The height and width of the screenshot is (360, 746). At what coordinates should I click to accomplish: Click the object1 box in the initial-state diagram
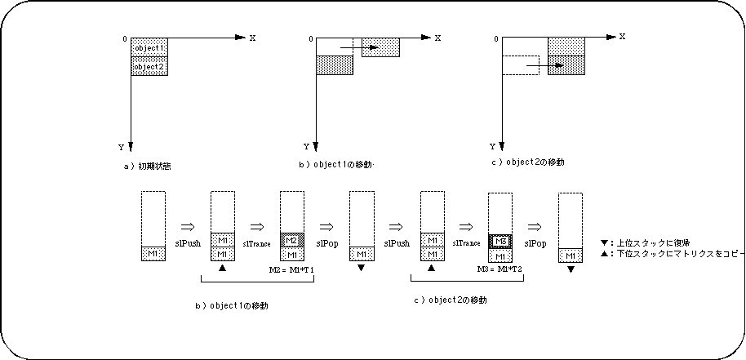(150, 48)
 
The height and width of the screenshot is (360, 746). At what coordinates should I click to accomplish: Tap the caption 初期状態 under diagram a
(153, 166)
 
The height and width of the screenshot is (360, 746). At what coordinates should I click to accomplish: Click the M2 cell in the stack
(291, 240)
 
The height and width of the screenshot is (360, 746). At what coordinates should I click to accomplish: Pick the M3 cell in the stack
(500, 242)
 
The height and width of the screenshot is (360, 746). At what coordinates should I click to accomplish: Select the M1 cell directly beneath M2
(291, 255)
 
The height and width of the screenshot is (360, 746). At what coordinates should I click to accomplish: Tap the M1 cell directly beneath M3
(500, 256)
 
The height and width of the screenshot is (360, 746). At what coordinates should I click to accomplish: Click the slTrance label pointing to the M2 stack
(256, 243)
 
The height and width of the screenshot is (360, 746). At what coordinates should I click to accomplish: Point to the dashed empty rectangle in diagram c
(520, 65)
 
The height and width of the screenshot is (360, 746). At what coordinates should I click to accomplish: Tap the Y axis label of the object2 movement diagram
(491, 147)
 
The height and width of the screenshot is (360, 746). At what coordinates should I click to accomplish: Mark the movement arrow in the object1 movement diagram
(359, 48)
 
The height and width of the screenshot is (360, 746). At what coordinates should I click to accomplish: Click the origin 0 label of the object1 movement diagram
(310, 38)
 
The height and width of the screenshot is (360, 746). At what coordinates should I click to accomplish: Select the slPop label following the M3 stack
(535, 243)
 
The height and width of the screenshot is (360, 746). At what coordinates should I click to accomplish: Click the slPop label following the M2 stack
(328, 243)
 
